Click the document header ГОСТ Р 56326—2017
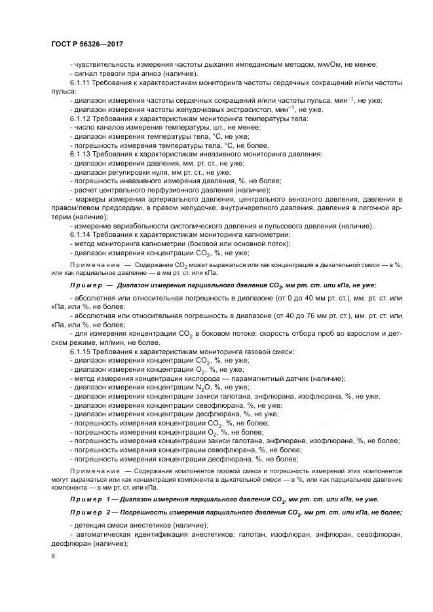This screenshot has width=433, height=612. tap(86, 43)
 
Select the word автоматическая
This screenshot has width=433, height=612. tap(102, 535)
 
